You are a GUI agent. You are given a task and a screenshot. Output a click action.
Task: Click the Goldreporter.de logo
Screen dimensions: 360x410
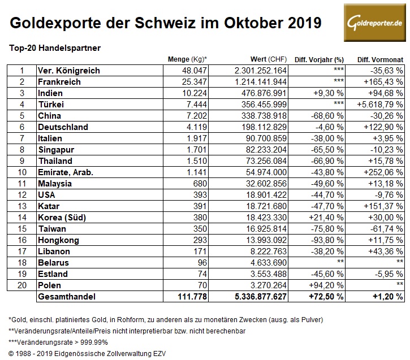374,23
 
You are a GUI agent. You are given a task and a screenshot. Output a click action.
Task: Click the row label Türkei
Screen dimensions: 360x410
50,105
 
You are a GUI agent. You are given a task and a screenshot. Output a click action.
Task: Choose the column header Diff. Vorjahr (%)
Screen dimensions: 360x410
320,59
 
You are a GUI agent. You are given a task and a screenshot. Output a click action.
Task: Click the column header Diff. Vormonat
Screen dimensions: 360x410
380,59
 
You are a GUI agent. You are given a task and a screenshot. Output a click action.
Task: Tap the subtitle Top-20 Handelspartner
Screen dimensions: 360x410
55,48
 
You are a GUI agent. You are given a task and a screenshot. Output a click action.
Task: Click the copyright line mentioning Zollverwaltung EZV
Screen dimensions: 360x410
85,353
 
